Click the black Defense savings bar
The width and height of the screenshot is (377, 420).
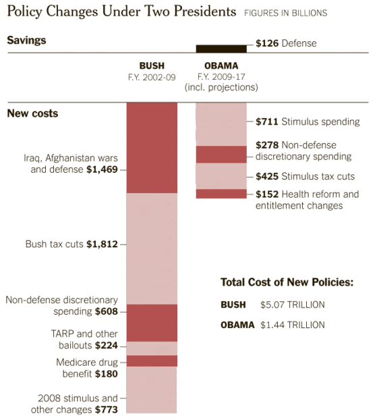tap(221, 48)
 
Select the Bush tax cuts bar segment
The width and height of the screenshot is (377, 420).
tap(152, 248)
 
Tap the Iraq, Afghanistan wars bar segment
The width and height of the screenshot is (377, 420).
tap(152, 147)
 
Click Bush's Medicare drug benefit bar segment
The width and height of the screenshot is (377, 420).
tap(152, 361)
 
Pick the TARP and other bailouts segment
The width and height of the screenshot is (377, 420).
tap(152, 348)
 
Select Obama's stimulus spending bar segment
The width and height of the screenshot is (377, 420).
tap(221, 124)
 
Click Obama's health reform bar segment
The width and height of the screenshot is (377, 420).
tap(221, 194)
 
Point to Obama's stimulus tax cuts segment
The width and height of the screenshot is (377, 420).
tap(221, 176)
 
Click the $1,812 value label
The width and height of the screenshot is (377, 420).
tap(103, 244)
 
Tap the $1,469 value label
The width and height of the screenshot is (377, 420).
tap(103, 170)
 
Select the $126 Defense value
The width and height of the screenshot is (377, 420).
tap(268, 44)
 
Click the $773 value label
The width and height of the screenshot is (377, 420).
tap(106, 410)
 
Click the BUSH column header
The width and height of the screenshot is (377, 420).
tap(151, 65)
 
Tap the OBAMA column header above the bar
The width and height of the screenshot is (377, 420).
tap(221, 65)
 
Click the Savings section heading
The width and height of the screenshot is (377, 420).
tap(26, 40)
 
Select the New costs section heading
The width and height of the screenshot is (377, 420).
tap(32, 113)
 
